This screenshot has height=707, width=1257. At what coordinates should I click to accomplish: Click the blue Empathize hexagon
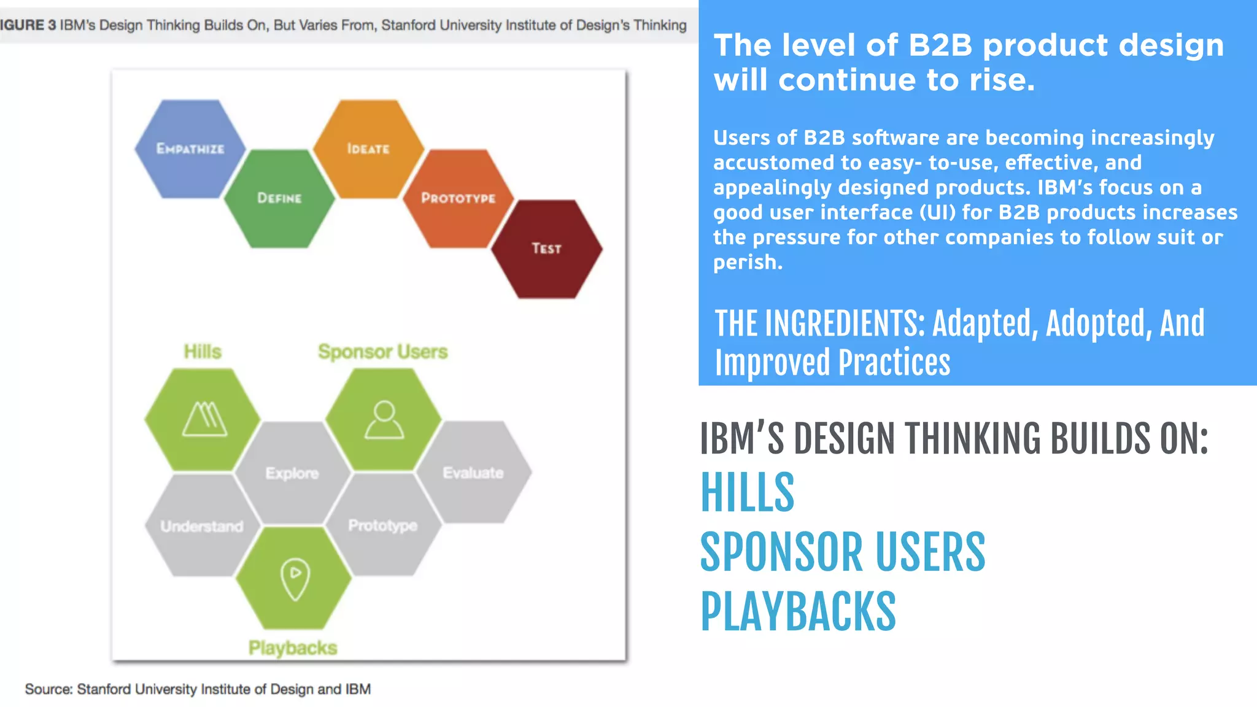(x=190, y=149)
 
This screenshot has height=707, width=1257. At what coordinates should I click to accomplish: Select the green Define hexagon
(x=279, y=198)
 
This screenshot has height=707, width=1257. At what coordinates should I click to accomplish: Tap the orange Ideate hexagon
(x=368, y=149)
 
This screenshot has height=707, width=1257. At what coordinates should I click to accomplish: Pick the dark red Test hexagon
(x=546, y=249)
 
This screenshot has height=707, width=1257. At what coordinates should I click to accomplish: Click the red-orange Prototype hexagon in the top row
(x=458, y=198)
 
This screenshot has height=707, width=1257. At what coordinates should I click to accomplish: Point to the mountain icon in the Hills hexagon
(x=204, y=419)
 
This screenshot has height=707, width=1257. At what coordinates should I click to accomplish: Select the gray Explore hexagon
(x=292, y=473)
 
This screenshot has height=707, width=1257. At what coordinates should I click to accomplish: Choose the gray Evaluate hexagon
(x=473, y=473)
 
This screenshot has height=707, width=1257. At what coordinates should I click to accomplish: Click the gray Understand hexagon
(x=202, y=526)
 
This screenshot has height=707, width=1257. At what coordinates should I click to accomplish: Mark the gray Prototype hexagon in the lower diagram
(x=383, y=525)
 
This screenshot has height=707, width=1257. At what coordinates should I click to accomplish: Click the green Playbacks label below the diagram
(x=293, y=647)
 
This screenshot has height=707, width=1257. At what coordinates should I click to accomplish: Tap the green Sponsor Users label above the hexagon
(x=382, y=352)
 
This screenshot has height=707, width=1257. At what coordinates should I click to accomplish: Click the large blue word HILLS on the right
(x=748, y=493)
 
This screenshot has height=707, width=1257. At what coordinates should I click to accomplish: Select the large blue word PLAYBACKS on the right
(x=798, y=611)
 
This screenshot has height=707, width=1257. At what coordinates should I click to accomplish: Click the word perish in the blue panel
(x=747, y=263)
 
